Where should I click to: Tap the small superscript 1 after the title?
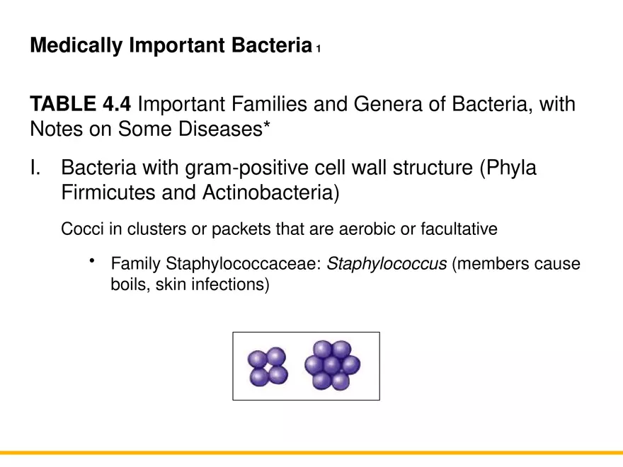point(319,50)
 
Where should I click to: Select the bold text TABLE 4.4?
point(80,105)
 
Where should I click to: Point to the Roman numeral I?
point(35,170)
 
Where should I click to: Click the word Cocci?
point(81,229)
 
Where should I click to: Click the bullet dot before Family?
point(92,263)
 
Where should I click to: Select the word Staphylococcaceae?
point(245,265)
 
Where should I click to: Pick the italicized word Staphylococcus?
point(387,265)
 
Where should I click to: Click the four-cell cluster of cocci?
point(267,366)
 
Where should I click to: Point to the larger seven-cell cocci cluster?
point(332,365)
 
